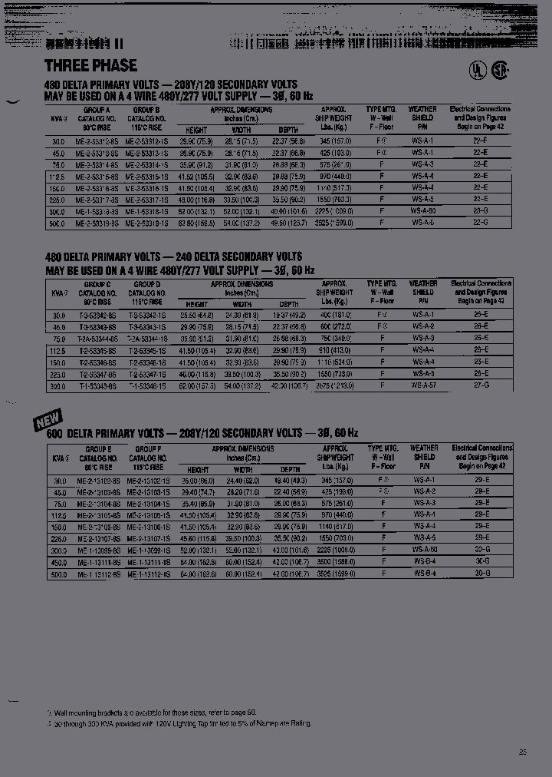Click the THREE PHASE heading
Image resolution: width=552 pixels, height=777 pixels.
pyautogui.click(x=90, y=65)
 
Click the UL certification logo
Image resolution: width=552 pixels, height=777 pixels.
pyautogui.click(x=477, y=70)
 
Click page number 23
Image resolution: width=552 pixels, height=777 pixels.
pyautogui.click(x=523, y=752)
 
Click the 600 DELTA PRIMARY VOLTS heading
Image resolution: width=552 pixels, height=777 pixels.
pyautogui.click(x=202, y=434)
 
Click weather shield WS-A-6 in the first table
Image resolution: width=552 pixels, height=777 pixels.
pyautogui.click(x=422, y=223)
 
